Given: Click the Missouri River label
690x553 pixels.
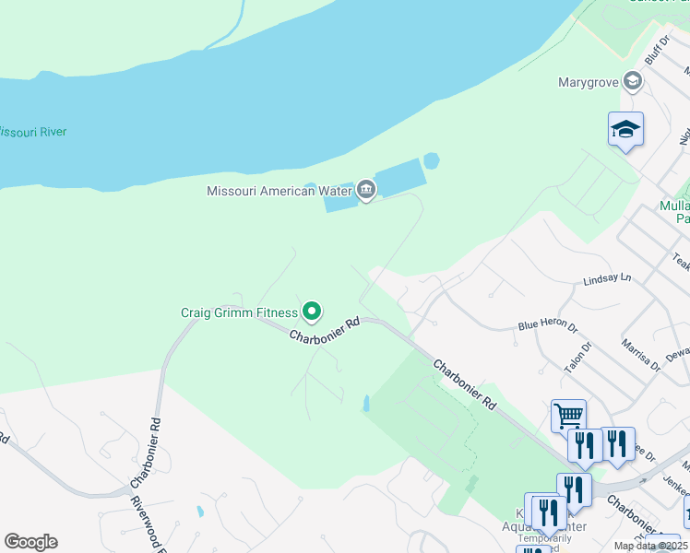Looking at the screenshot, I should [33, 132].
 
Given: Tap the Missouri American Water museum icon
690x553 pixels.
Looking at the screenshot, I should [366, 191].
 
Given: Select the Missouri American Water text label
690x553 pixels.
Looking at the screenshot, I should [280, 192].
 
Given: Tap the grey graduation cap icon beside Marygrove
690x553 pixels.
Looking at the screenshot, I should [632, 82].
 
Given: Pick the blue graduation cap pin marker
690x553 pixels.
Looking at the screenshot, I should [625, 130].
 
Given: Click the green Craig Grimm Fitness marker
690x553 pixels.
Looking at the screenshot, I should [313, 313].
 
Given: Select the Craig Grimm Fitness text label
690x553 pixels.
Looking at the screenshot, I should [239, 313].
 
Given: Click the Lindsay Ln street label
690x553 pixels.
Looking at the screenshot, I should [607, 277].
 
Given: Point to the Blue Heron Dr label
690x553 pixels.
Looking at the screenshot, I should [547, 325].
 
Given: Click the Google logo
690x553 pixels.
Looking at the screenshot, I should [30, 542].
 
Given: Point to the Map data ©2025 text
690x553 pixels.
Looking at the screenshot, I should [649, 546].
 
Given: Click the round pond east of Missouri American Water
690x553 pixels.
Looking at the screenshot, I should [431, 161].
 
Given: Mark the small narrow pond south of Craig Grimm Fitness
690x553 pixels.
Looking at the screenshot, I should [366, 404].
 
